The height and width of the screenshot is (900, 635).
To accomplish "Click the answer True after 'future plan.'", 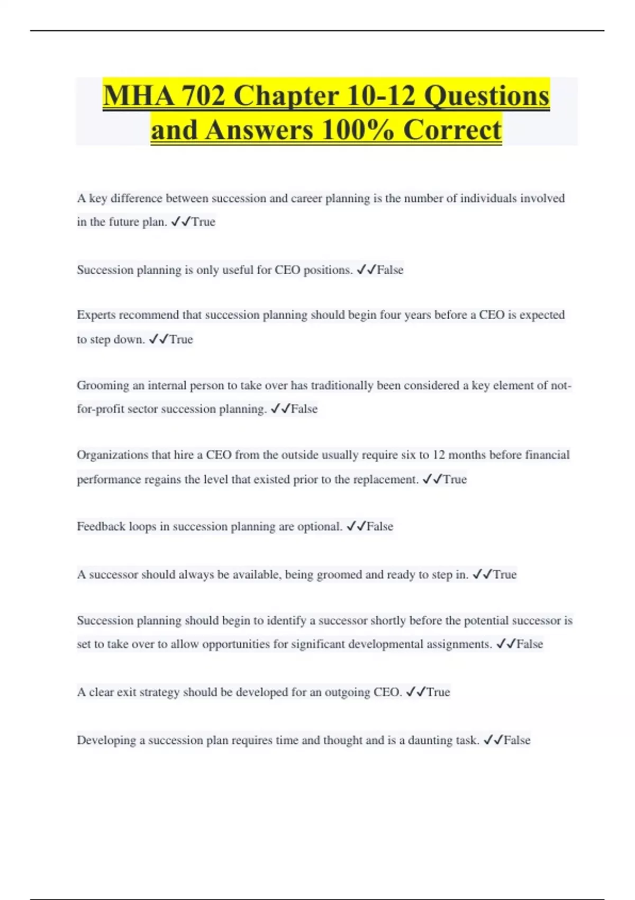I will tap(203, 222).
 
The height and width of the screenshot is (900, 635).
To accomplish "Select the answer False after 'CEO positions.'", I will tap(390, 270).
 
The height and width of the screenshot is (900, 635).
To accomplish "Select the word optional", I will tap(320, 526).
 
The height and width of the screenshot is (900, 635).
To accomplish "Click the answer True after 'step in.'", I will tap(505, 574).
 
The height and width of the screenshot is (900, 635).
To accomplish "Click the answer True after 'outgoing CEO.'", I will tap(438, 692).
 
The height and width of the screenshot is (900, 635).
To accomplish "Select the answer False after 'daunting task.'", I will tap(517, 740).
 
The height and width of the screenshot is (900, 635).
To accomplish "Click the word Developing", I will tap(106, 740).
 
